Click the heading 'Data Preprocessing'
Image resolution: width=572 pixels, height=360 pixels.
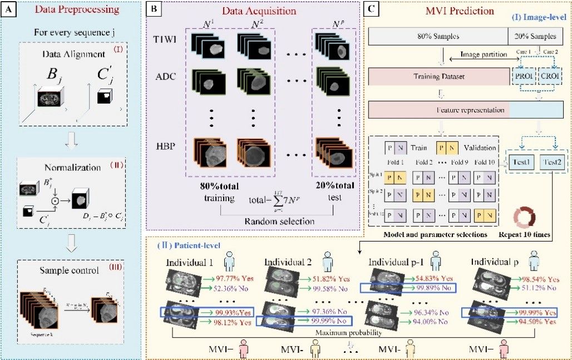click(x=76, y=9)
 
